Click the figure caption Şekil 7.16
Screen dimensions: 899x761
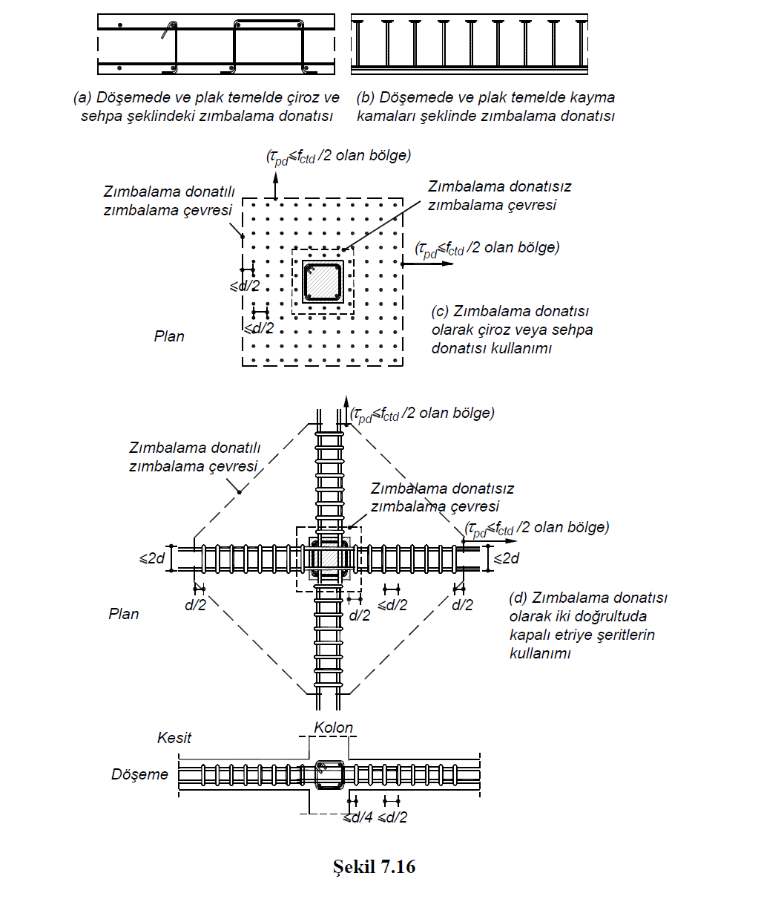click(374, 866)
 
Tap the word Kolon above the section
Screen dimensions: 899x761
click(333, 728)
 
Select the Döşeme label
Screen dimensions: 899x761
click(139, 774)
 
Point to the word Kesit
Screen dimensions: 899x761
click(174, 738)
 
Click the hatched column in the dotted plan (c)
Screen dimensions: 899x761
click(323, 281)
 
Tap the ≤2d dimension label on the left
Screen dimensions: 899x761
click(152, 558)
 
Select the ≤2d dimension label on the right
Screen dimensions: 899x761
click(507, 558)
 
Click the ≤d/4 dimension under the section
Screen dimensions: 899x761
click(358, 817)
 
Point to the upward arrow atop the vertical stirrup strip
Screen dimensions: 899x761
click(346, 405)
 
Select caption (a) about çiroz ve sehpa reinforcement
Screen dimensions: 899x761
click(206, 106)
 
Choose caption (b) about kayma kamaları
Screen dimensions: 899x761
click(486, 106)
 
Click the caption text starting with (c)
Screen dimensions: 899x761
click(512, 330)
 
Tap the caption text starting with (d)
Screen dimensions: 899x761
click(587, 625)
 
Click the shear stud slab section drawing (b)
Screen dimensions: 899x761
click(469, 45)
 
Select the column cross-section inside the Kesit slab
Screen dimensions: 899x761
click(328, 774)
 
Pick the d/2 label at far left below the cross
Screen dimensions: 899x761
click(195, 605)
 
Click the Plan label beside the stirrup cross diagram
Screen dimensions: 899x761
click(124, 614)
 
